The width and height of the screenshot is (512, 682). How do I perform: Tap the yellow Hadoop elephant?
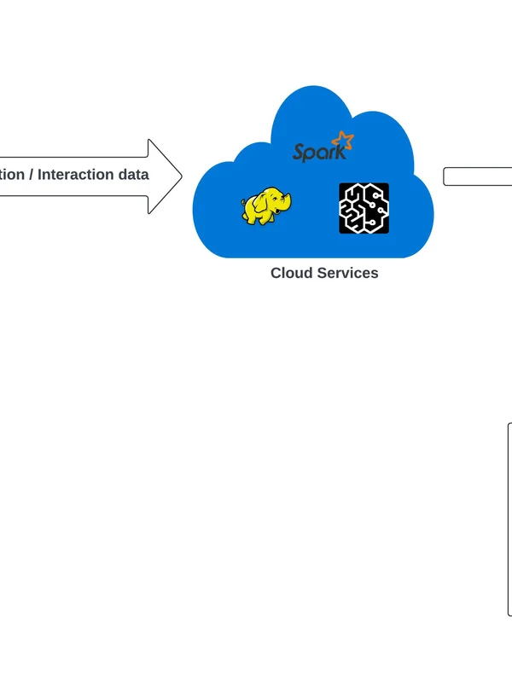click(265, 207)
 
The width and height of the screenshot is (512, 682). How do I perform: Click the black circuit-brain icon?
click(364, 208)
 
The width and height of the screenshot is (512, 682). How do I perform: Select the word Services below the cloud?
click(347, 273)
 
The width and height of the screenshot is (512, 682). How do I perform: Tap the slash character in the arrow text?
click(31, 175)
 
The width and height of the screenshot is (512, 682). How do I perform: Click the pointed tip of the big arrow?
click(180, 176)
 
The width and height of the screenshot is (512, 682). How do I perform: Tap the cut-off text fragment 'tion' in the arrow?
click(12, 175)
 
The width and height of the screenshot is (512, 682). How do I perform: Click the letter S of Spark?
click(298, 153)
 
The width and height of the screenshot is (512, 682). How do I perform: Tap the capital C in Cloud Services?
click(276, 273)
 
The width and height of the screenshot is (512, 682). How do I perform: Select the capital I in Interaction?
click(40, 175)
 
